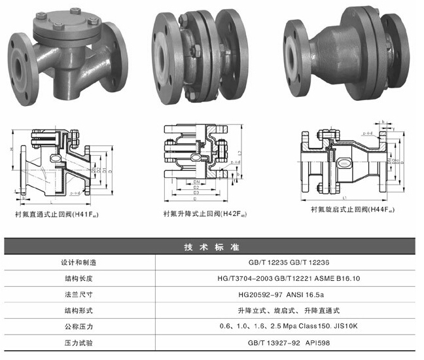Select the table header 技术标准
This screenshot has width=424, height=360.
tap(212, 247)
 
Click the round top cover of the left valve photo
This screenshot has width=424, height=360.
tap(65, 23)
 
